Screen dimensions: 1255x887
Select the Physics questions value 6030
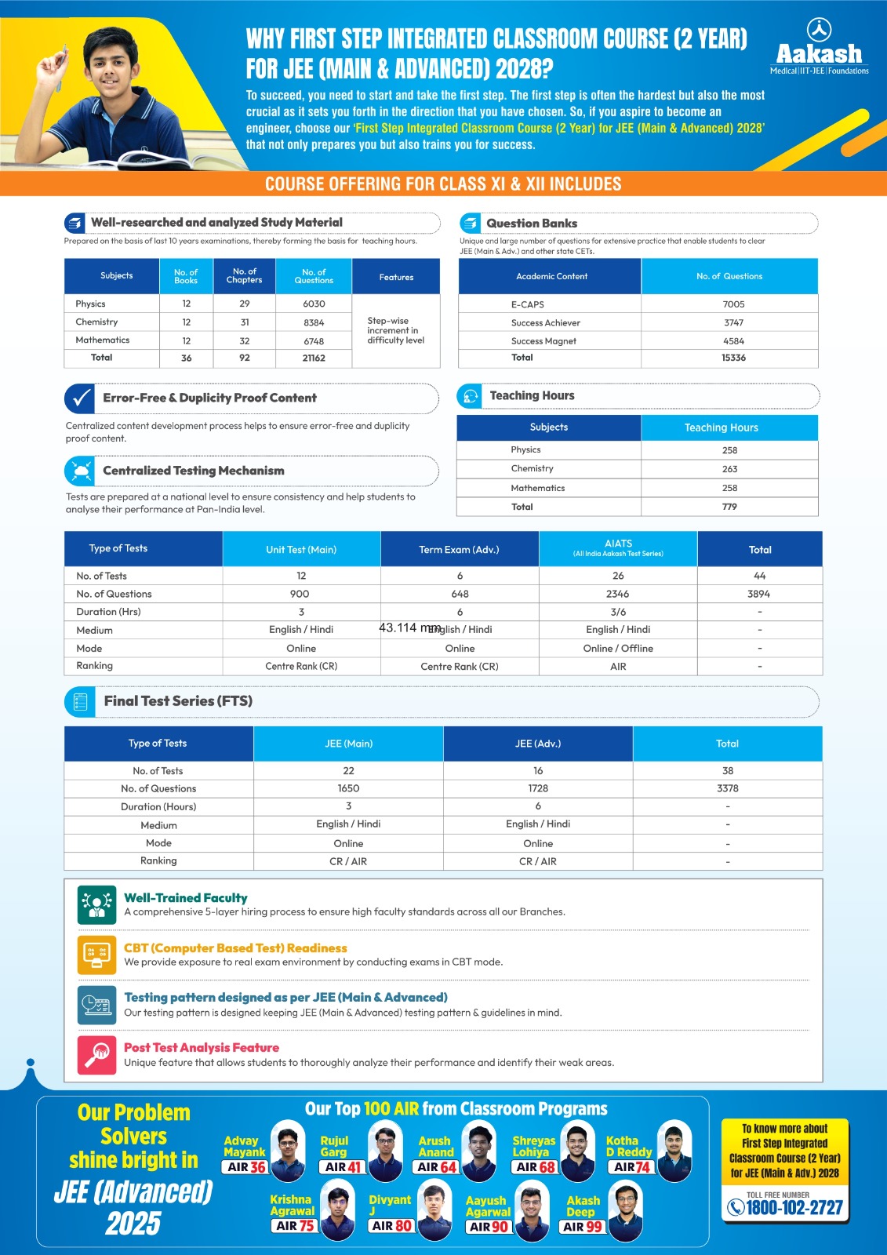click(x=314, y=304)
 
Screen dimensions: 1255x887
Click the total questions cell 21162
click(x=314, y=358)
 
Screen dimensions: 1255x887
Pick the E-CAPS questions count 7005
click(x=733, y=304)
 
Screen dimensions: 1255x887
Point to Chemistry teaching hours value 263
click(x=729, y=469)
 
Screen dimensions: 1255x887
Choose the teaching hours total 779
click(x=729, y=507)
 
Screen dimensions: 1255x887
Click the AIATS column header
click(x=618, y=547)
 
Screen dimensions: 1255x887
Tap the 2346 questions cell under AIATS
click(x=618, y=594)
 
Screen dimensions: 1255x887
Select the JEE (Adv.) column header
click(x=538, y=744)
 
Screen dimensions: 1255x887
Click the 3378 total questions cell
click(x=728, y=788)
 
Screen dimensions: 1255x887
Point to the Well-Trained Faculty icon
click(x=96, y=904)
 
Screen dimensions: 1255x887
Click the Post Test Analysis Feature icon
click(x=96, y=1054)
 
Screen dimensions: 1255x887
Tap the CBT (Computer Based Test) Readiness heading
click(x=235, y=948)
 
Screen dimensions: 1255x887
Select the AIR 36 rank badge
click(x=246, y=1167)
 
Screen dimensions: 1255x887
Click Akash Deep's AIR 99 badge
click(x=583, y=1227)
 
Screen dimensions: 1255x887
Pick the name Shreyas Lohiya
click(x=533, y=1146)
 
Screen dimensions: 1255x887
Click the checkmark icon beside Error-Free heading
click(x=80, y=398)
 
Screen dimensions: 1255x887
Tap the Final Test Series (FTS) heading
click(x=178, y=701)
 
